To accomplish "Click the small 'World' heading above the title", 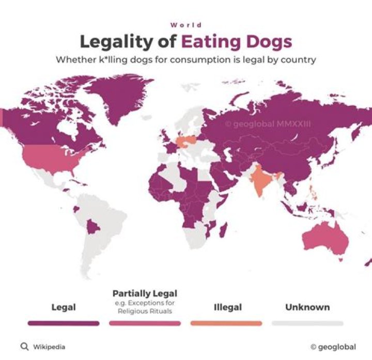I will [186, 25].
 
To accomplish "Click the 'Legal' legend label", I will [64, 307].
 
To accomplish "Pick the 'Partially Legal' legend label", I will [145, 293].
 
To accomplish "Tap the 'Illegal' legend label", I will [227, 307].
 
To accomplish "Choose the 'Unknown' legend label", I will [307, 307].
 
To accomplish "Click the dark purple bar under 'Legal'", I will [64, 323].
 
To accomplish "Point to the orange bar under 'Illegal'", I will [226, 323].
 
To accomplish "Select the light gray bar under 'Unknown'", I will [307, 323].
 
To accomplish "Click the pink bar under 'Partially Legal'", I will [145, 323].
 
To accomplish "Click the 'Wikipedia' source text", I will [49, 347].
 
